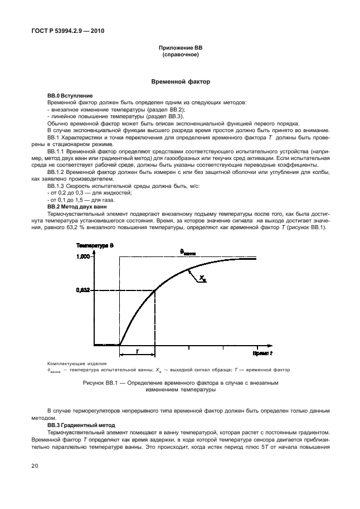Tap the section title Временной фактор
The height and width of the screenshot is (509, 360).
pos(181,81)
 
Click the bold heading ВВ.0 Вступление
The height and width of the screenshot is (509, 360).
pos(70,96)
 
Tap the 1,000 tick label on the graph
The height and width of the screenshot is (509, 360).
pos(82,256)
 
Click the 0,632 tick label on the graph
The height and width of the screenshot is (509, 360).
pos(82,290)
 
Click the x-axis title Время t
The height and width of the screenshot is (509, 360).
pos(262,353)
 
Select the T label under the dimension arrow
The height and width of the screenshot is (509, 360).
pos(137,351)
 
